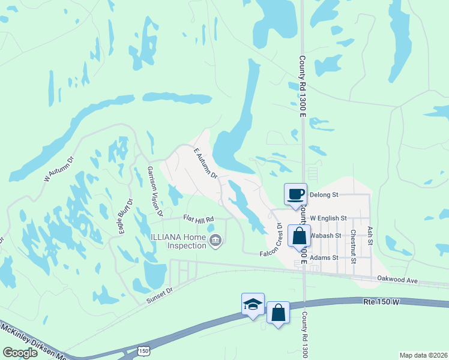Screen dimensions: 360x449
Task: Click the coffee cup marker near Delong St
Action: click(x=295, y=194)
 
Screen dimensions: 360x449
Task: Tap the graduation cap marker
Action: click(x=253, y=304)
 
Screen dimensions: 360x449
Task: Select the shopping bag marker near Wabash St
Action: click(x=299, y=235)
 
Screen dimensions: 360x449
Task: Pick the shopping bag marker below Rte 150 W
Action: click(x=277, y=313)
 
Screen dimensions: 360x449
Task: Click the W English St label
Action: click(x=328, y=218)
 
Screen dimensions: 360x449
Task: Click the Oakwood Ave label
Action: click(x=397, y=278)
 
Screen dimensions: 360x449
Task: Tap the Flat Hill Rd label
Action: click(x=199, y=220)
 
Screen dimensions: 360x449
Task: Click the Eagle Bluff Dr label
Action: click(x=124, y=217)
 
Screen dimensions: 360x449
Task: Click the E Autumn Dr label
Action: click(x=205, y=164)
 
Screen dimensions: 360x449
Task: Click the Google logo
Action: click(x=20, y=352)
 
